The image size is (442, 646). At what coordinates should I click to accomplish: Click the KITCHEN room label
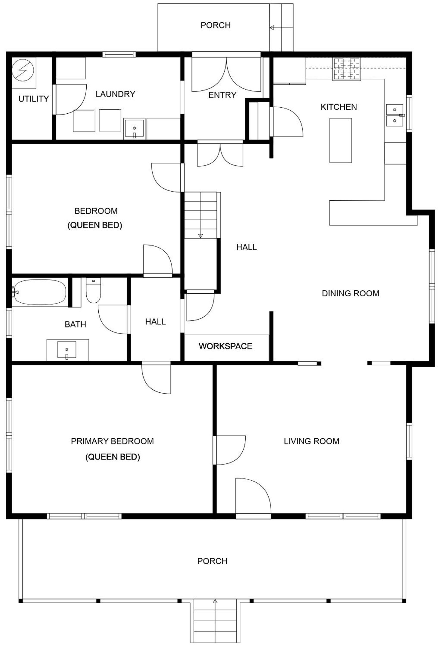(x=339, y=107)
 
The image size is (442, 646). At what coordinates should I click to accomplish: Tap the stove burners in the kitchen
(x=347, y=69)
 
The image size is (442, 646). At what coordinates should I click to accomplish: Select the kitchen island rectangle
(x=340, y=140)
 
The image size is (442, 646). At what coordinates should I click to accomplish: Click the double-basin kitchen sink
(x=395, y=115)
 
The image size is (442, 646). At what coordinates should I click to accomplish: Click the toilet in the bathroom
(x=93, y=291)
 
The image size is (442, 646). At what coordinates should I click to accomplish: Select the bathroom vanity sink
(x=66, y=350)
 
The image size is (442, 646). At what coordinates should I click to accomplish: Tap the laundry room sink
(x=134, y=129)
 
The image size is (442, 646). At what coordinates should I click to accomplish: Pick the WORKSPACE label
(x=226, y=346)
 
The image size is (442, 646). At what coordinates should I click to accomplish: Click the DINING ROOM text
(x=350, y=294)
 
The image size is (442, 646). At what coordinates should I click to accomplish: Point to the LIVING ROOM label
(x=311, y=441)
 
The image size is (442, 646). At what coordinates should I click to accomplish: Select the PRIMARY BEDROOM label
(x=112, y=441)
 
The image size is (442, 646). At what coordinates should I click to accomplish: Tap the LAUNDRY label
(x=115, y=94)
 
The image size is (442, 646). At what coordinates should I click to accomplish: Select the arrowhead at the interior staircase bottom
(x=200, y=236)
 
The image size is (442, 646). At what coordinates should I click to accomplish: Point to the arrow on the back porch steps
(x=281, y=27)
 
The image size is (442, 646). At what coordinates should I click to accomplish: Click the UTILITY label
(x=33, y=99)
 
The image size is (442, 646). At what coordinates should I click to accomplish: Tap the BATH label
(x=75, y=325)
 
